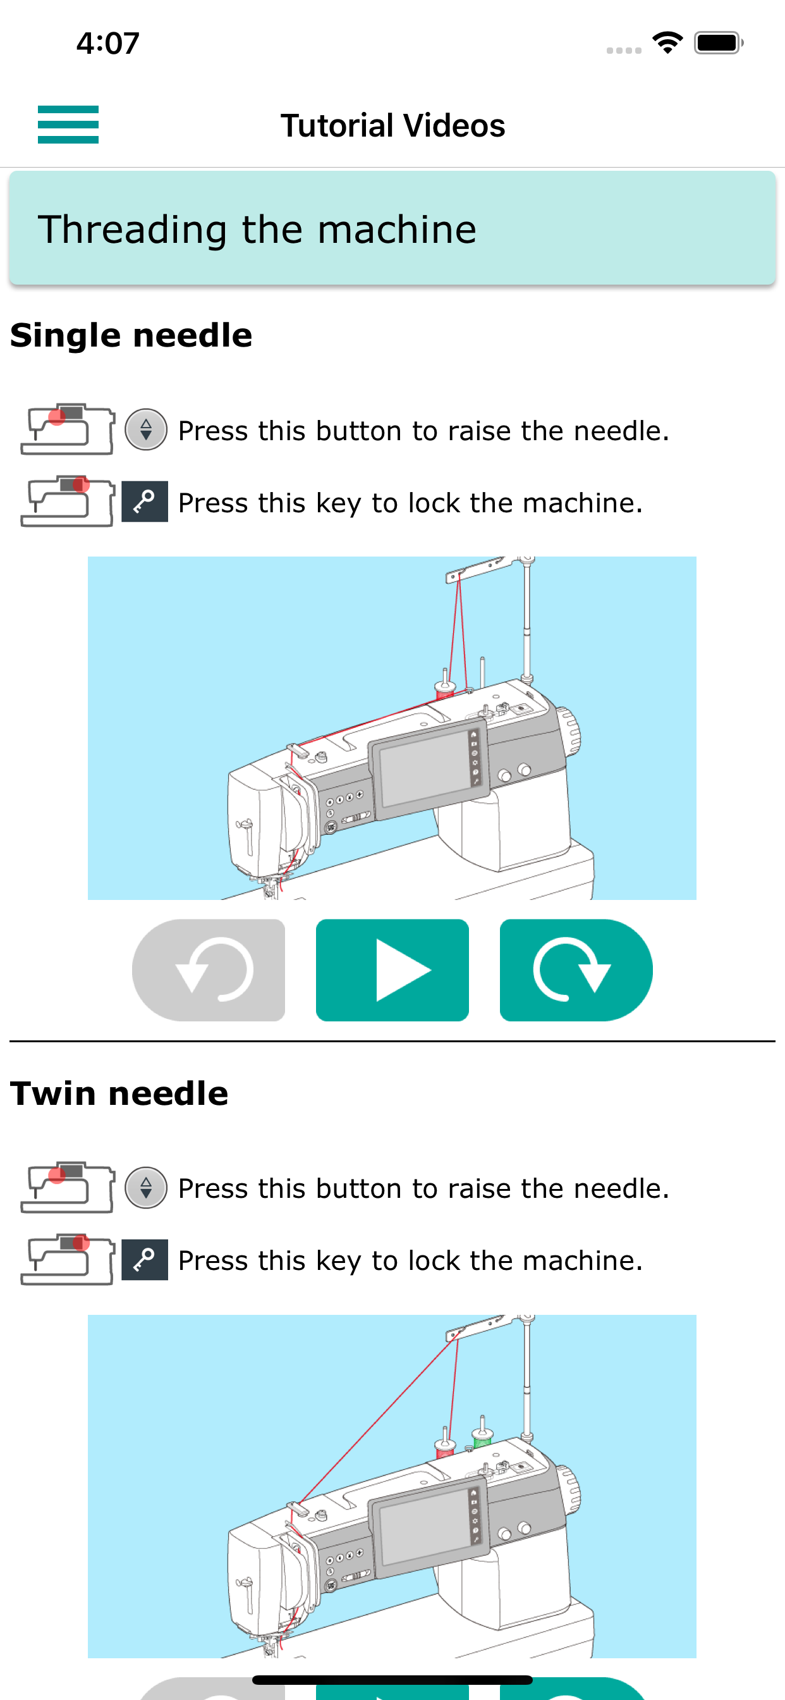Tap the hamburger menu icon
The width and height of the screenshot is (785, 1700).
[x=68, y=125]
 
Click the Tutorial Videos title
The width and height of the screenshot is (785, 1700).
[x=392, y=125]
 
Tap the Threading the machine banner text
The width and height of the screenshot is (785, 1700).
[x=257, y=230]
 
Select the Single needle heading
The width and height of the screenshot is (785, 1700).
[x=131, y=335]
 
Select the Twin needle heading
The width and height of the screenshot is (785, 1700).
[x=119, y=1093]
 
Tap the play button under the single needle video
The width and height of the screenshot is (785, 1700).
[x=392, y=970]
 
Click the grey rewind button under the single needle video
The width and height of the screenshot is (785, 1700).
[x=209, y=970]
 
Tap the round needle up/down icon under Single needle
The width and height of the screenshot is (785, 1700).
[x=146, y=429]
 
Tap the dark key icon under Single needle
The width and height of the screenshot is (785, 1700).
[x=145, y=502]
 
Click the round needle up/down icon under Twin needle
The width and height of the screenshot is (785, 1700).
[x=146, y=1187]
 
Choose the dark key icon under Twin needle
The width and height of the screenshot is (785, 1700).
[x=145, y=1259]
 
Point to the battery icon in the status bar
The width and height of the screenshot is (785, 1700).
[x=719, y=43]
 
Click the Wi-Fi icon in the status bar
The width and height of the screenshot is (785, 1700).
[x=667, y=43]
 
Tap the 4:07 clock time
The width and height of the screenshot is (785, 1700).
[x=107, y=44]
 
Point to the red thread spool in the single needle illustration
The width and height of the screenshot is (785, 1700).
[x=445, y=688]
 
